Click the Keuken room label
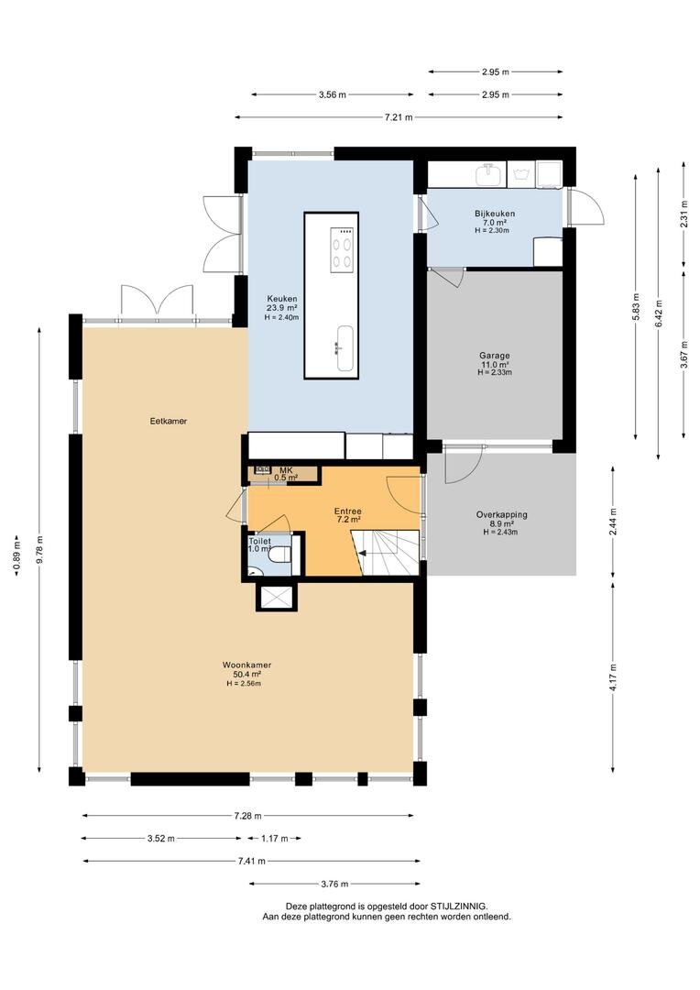coord(282,299)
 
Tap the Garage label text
coord(494,356)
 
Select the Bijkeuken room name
coord(495,214)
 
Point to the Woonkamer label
coord(246,665)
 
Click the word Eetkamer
coord(169,421)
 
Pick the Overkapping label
coord(502,514)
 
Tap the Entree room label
coord(348,511)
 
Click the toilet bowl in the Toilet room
coord(280,555)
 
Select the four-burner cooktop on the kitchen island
coord(342,250)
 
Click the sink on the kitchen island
coord(346,348)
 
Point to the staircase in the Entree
coord(386,553)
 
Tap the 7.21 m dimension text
coord(399,116)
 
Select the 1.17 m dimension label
coord(275,839)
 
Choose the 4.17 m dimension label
coord(613,676)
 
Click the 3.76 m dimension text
coord(335,884)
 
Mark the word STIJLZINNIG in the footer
coord(458,906)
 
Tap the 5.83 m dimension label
coord(636,307)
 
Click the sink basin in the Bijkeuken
coord(488,173)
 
